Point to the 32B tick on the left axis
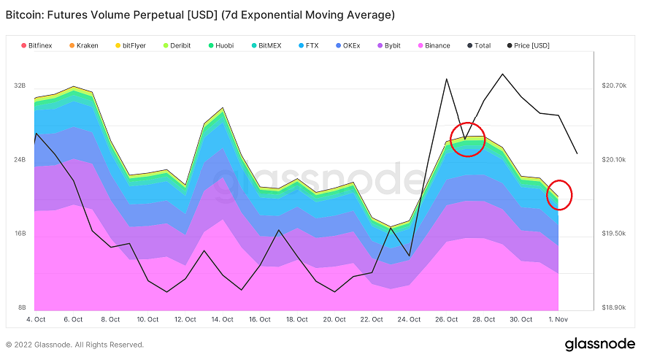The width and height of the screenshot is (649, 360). (x=19, y=85)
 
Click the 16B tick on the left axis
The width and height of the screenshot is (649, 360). (x=19, y=234)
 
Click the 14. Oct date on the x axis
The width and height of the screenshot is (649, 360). (x=222, y=319)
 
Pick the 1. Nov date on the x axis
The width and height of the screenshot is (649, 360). (x=558, y=319)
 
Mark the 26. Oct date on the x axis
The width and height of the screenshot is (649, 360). (x=446, y=319)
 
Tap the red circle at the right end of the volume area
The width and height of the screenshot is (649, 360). (x=559, y=194)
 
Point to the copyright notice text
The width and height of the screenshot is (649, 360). (x=74, y=345)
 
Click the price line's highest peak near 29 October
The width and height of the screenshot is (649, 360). (x=502, y=74)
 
